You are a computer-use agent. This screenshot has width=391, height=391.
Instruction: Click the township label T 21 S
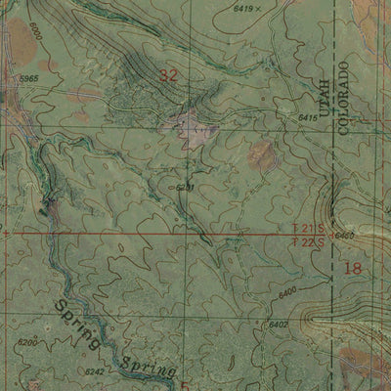310,228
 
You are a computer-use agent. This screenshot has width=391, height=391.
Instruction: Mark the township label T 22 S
310,239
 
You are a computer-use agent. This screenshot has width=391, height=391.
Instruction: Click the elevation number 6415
308,117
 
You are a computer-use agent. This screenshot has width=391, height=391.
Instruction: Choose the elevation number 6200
28,343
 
